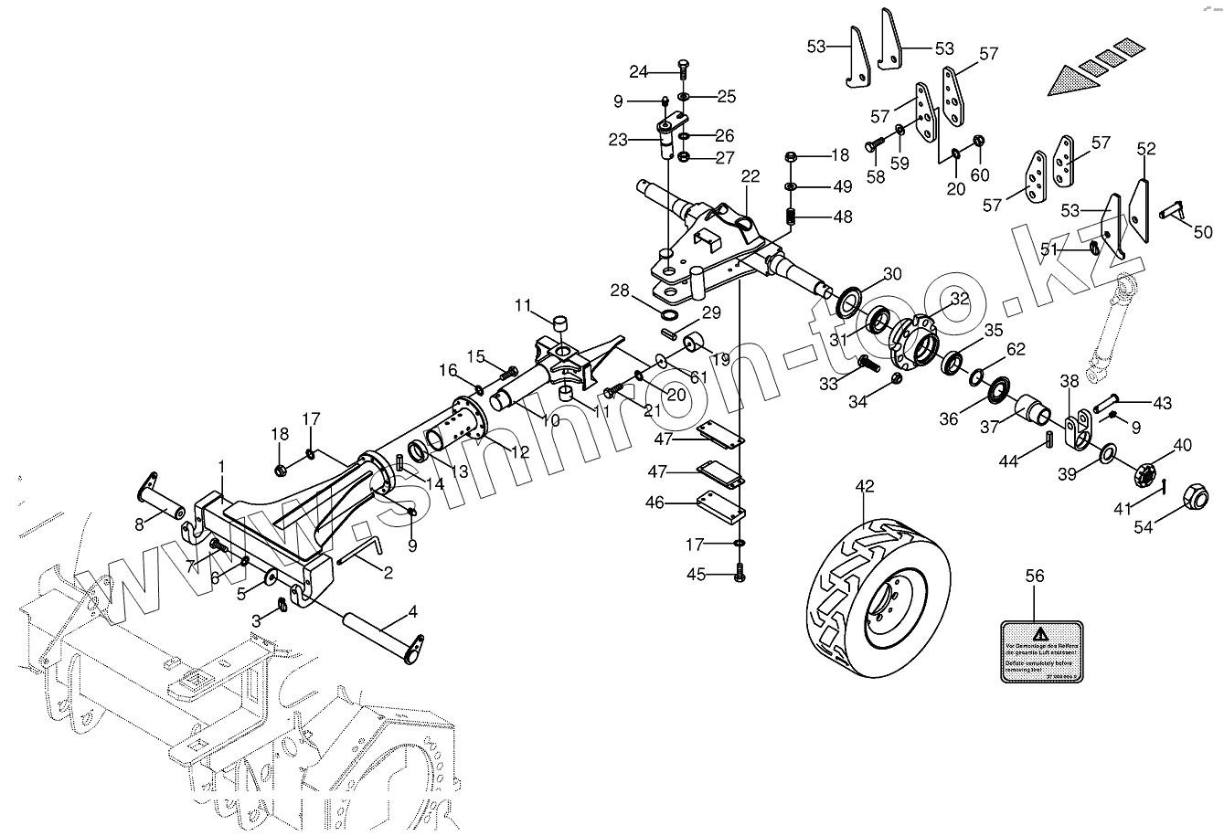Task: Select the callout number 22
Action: [x=750, y=176]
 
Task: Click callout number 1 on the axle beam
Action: [x=220, y=466]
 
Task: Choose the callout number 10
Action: [x=549, y=420]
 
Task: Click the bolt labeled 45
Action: [x=740, y=575]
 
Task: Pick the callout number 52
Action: [x=1145, y=148]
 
